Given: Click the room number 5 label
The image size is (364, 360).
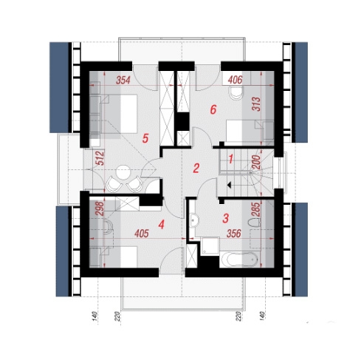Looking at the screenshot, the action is (x=145, y=138).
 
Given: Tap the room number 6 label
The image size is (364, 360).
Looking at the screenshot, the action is (x=213, y=109).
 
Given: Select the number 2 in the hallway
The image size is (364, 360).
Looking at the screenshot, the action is (x=196, y=169).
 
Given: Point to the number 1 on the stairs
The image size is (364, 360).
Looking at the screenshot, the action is (x=230, y=159).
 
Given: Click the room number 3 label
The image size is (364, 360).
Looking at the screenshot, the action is (x=225, y=218).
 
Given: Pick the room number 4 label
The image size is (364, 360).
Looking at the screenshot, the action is (x=162, y=225).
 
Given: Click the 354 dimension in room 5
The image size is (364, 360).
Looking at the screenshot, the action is (x=123, y=81).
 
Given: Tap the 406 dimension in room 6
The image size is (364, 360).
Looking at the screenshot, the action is (x=236, y=80).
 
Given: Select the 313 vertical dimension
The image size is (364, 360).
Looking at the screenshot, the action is (x=256, y=104).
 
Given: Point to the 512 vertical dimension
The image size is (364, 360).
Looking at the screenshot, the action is (x=100, y=158).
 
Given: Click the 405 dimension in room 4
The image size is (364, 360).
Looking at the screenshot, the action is (x=142, y=234).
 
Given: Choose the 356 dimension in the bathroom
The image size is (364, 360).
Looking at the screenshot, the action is (x=234, y=234).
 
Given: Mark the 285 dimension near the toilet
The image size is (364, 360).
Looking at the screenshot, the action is (x=256, y=210).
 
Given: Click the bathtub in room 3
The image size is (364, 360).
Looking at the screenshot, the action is (x=239, y=259).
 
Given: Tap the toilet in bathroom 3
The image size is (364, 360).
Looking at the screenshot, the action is (x=254, y=223).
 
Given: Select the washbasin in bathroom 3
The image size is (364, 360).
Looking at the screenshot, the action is (x=194, y=220).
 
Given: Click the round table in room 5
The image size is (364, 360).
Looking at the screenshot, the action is (x=123, y=173).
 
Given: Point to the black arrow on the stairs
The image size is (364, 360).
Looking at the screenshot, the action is (x=230, y=185).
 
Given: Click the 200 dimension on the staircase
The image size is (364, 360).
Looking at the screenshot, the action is (x=256, y=162).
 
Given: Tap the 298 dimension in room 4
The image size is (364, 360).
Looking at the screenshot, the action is (x=100, y=209).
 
